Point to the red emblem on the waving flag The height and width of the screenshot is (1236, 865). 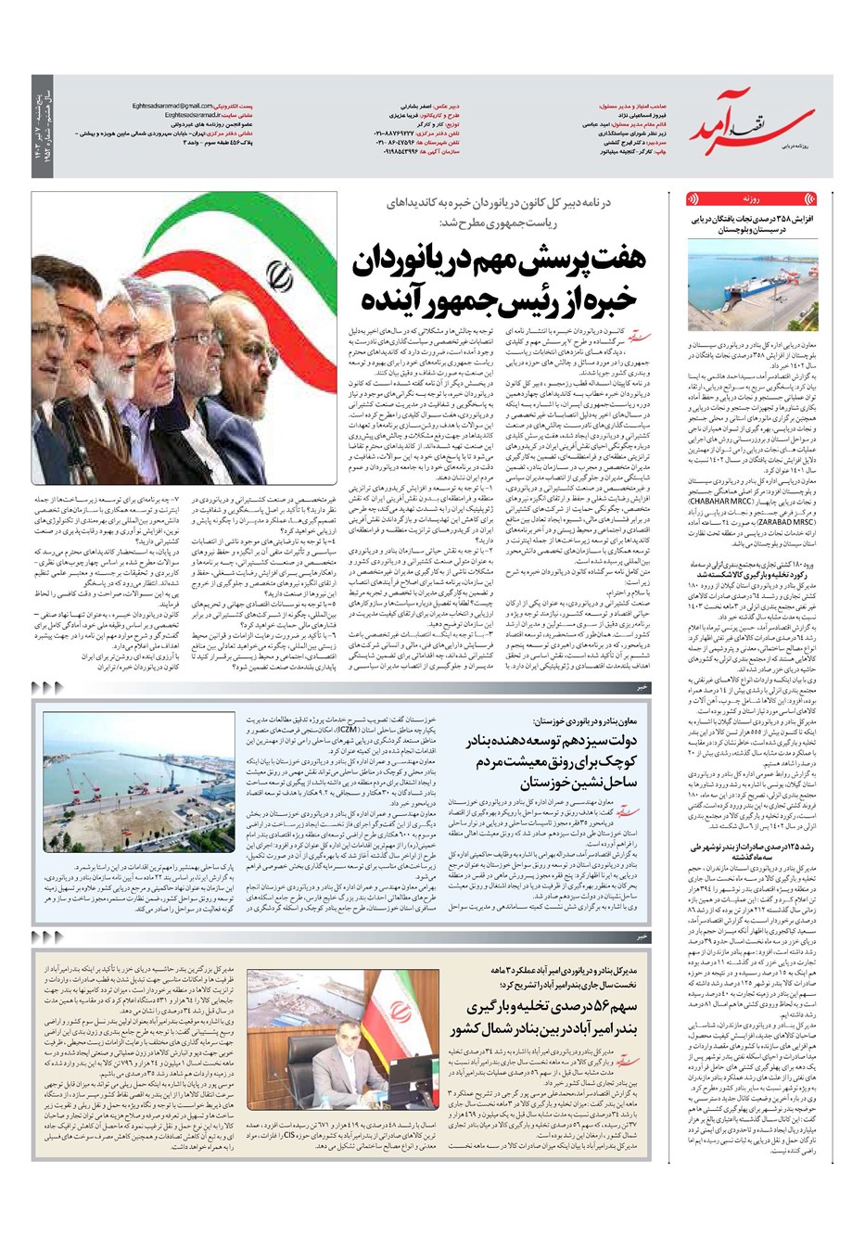(275, 275)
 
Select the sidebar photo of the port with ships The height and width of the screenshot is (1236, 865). (752, 284)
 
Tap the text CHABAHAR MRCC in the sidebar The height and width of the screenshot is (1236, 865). (719, 502)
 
